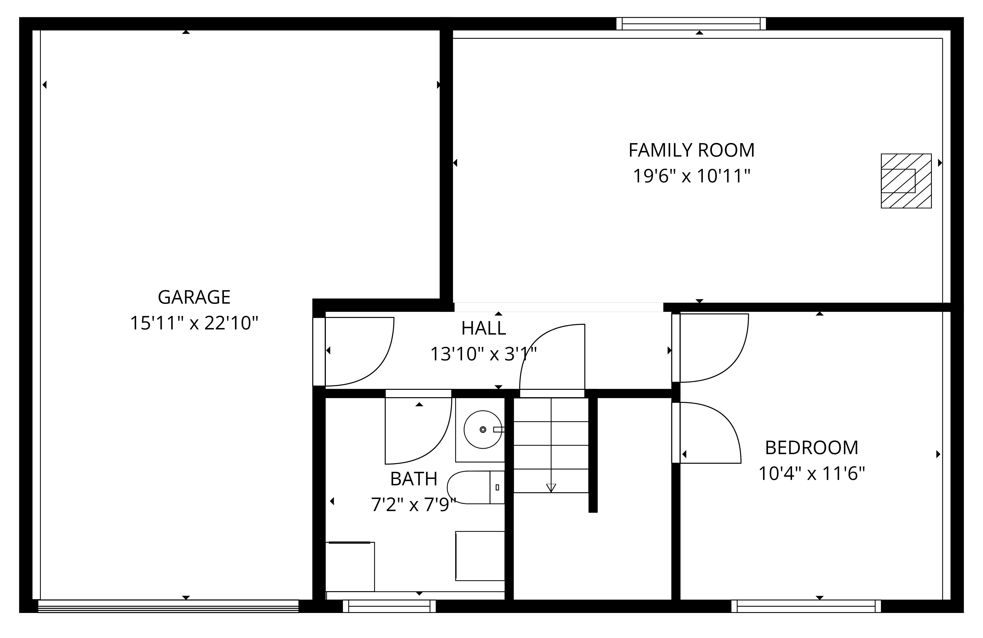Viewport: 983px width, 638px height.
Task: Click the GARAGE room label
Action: [x=194, y=297]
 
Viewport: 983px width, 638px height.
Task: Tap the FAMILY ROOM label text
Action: [x=691, y=150]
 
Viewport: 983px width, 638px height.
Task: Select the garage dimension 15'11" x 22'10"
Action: [x=194, y=323]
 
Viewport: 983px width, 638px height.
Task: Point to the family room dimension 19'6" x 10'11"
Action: [x=691, y=176]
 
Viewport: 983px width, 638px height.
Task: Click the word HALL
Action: [x=483, y=328]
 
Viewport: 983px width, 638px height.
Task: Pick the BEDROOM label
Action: [x=812, y=448]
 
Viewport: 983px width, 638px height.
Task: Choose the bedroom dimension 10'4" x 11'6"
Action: [x=812, y=474]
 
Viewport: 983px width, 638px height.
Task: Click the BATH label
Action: [x=413, y=479]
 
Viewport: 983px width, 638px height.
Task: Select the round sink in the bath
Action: [x=483, y=430]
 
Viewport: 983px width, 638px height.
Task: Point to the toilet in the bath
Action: [x=476, y=487]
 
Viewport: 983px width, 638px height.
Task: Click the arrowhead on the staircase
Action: [x=551, y=488]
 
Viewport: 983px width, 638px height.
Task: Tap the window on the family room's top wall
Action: [x=691, y=24]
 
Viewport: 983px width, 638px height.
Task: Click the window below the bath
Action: [x=389, y=606]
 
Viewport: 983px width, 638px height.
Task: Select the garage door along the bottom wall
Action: [x=168, y=606]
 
